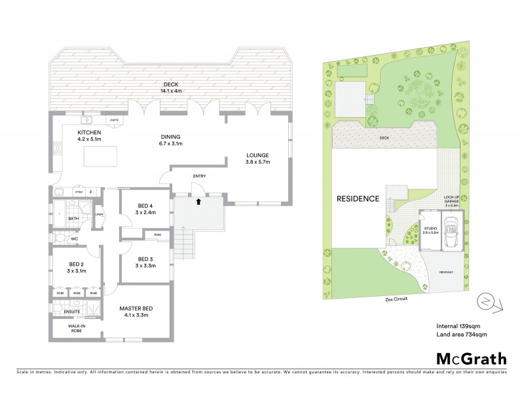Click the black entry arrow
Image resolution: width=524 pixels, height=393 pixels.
tap(197, 201)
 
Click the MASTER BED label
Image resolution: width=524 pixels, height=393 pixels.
tap(136, 310)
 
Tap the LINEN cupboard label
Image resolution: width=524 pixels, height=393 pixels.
tap(100, 214)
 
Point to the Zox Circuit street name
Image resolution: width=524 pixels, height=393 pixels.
tap(403, 300)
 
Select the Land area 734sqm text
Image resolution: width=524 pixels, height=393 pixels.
tap(462, 335)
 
